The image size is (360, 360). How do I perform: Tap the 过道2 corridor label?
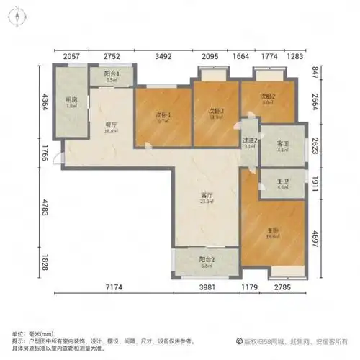pos(250,141)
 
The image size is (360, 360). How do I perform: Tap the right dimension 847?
pos(315,71)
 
